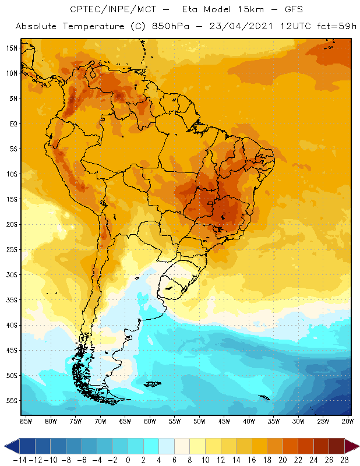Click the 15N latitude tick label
(x=12, y=48)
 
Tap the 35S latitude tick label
(x=12, y=299)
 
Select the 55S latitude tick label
(x=12, y=400)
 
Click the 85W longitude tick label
(x=26, y=421)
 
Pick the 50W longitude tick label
(x=200, y=421)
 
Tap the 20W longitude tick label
(x=348, y=421)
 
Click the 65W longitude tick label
(x=125, y=421)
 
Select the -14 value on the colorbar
(x=19, y=460)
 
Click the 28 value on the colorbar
(x=344, y=460)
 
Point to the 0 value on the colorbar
(x=128, y=460)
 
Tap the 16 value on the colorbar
(x=251, y=460)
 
